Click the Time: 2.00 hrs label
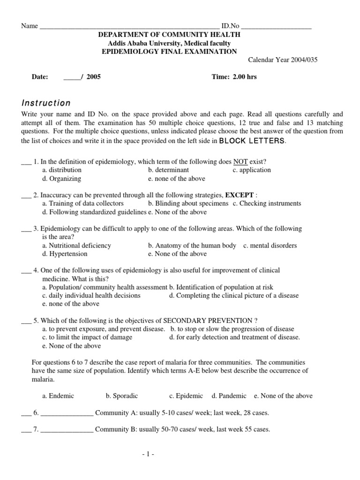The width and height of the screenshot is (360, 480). pyautogui.click(x=234, y=77)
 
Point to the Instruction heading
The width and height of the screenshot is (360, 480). pyautogui.click(x=46, y=103)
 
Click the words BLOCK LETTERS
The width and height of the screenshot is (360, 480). pyautogui.click(x=252, y=141)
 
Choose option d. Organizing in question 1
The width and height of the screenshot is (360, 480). pyautogui.click(x=61, y=179)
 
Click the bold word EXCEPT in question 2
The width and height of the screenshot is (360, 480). pyautogui.click(x=240, y=195)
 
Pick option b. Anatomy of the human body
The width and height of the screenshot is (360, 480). pyautogui.click(x=192, y=246)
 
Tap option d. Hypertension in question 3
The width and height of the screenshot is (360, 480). pyautogui.click(x=65, y=254)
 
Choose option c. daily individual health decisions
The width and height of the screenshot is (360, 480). pyautogui.click(x=91, y=295)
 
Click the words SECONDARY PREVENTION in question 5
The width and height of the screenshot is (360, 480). pyautogui.click(x=208, y=321)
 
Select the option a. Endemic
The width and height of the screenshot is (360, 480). pyautogui.click(x=58, y=396)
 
